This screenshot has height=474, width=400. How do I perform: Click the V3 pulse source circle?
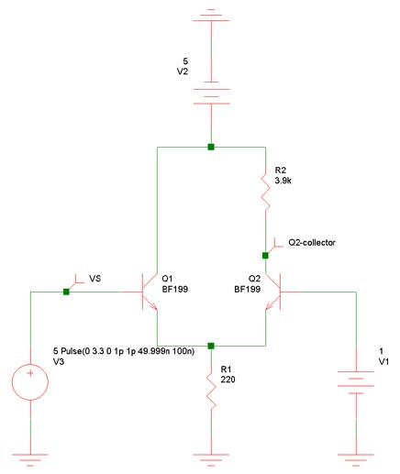(x=30, y=382)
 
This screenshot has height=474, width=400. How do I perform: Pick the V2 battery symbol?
(x=211, y=93)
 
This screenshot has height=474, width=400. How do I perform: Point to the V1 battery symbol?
(x=356, y=382)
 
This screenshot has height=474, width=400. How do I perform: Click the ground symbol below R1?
(x=211, y=459)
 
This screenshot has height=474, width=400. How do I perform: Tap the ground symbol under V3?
(x=30, y=459)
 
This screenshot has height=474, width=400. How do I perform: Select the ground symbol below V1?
(x=356, y=459)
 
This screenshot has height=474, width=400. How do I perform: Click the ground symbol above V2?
(x=211, y=15)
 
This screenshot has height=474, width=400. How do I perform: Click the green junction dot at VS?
(x=66, y=292)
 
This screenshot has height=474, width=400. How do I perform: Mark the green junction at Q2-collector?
(x=265, y=256)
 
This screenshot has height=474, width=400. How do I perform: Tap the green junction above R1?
(x=211, y=346)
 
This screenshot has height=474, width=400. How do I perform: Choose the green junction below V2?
(x=211, y=147)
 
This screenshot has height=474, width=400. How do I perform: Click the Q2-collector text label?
(x=312, y=243)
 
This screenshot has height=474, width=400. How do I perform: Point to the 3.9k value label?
(x=283, y=181)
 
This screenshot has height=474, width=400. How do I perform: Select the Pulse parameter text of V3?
(x=124, y=351)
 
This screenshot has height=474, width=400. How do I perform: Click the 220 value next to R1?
(x=228, y=380)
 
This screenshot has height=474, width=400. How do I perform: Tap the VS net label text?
(x=94, y=279)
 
